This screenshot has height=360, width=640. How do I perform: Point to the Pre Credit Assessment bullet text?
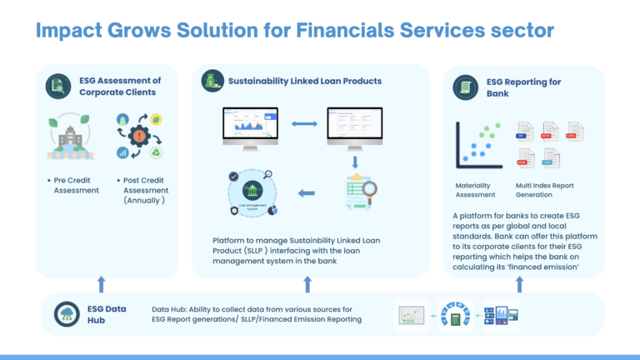tap(74, 184)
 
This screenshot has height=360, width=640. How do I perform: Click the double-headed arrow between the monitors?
tap(305, 125)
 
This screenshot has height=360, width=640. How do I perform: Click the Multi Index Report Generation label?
tap(546, 189)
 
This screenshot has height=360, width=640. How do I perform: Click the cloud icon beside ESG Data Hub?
tap(63, 314)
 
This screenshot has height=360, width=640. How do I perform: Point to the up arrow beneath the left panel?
tap(102, 283)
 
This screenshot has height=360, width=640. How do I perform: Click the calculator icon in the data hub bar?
tap(456, 317)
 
